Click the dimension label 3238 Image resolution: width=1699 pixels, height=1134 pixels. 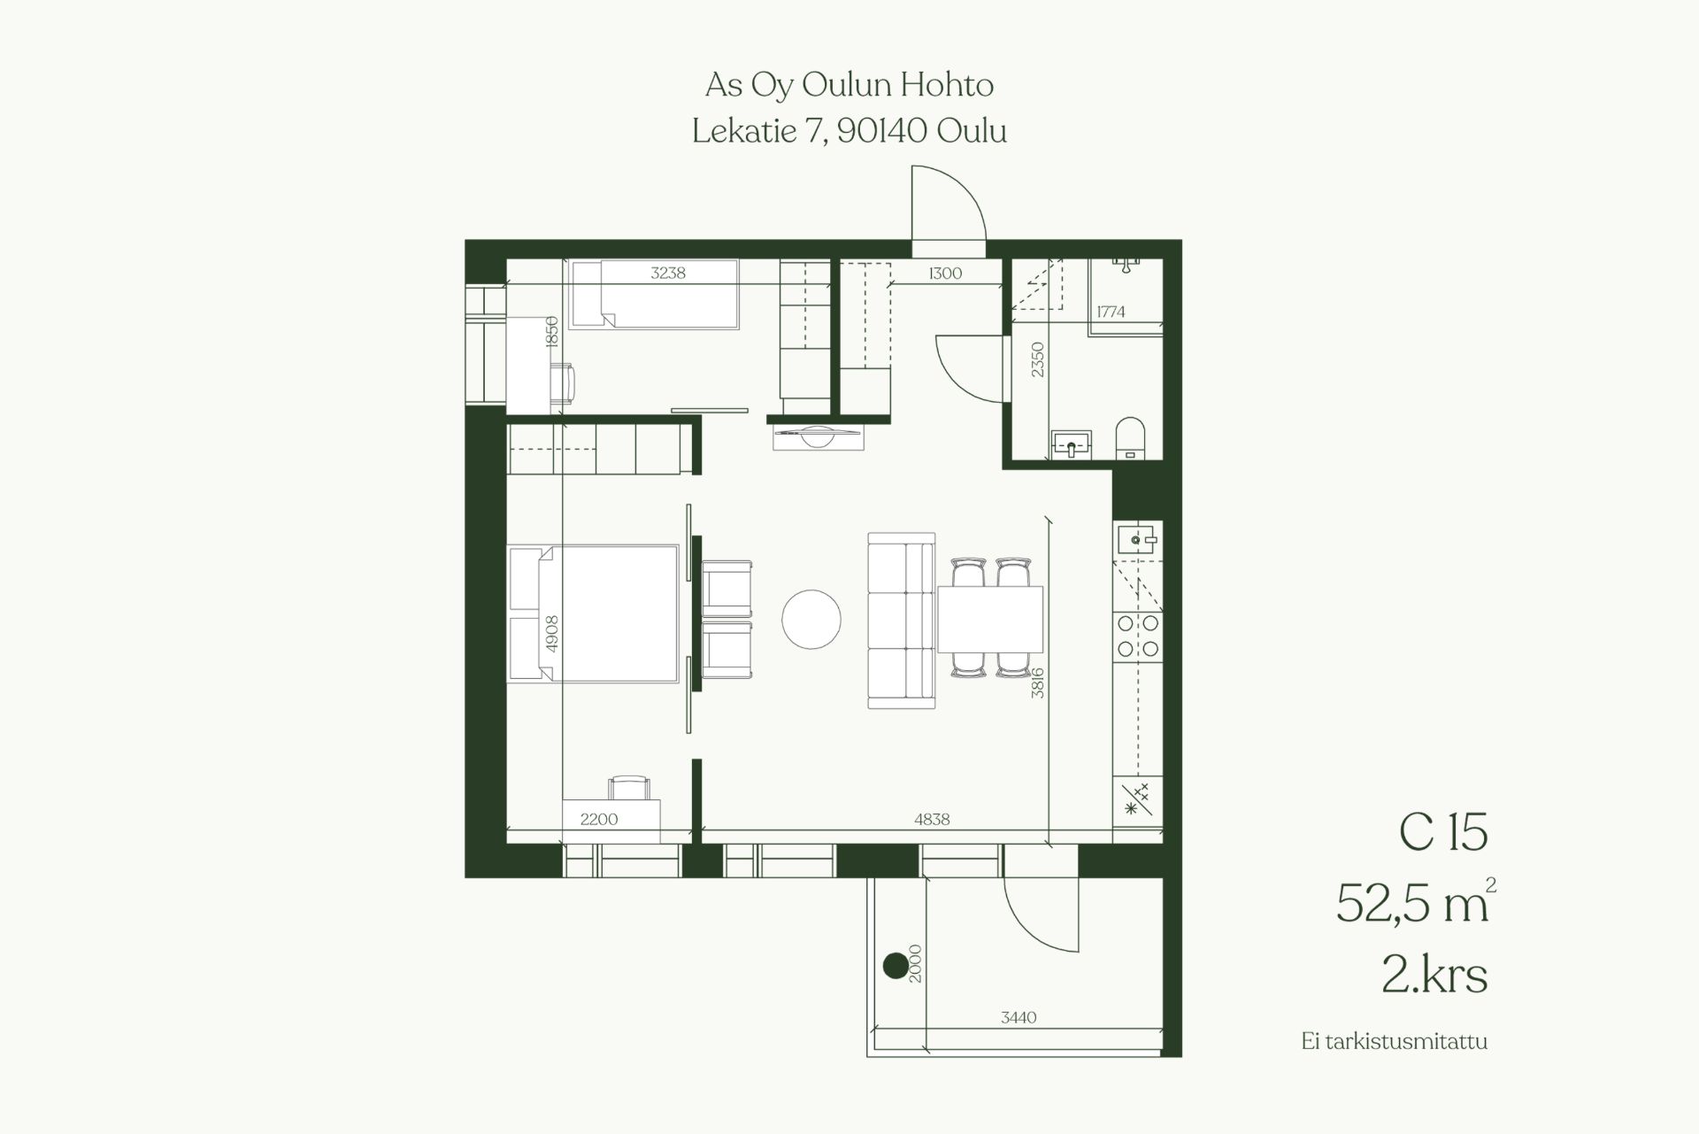[x=668, y=273]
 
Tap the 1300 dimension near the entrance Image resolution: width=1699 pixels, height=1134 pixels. [x=945, y=274]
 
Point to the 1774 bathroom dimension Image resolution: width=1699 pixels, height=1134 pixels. [x=1111, y=312]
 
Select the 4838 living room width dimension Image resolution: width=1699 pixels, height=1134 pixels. [x=932, y=820]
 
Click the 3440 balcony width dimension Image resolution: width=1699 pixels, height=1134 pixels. [x=1019, y=1018]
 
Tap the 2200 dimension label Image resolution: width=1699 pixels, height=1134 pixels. [x=599, y=820]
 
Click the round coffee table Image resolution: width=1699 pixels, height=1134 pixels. [x=811, y=620]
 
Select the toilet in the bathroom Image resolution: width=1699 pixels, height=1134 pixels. [x=1130, y=438]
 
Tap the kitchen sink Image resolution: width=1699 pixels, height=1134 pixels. [x=1138, y=538]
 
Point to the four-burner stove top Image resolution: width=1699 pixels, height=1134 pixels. [x=1138, y=636]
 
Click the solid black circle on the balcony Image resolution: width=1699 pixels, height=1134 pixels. [x=895, y=965]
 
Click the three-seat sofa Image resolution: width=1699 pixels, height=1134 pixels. [x=901, y=621]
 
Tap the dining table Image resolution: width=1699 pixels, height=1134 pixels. [x=989, y=619]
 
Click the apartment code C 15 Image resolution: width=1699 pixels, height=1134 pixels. [x=1443, y=833]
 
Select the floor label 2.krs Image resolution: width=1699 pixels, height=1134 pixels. [x=1434, y=975]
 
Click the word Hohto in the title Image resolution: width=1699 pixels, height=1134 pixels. [x=947, y=85]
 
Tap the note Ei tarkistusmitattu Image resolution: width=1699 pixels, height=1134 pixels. [x=1395, y=1041]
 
